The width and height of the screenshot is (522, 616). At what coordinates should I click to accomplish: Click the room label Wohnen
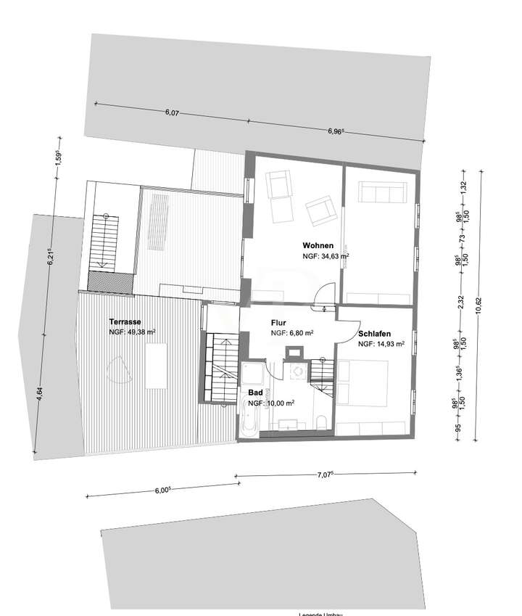pos(318,245)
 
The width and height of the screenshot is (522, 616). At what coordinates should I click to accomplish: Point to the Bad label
pos(255,393)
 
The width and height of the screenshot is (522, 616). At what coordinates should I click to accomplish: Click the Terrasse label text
pos(125,321)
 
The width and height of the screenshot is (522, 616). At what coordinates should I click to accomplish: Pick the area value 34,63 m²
pos(326,256)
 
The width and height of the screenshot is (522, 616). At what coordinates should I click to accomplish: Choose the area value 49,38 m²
pos(133,332)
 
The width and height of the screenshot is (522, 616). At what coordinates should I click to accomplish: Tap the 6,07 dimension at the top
pos(172,112)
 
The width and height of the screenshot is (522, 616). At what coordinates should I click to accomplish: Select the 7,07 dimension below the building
pos(324,475)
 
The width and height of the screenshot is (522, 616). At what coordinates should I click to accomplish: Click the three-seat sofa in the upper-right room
pos(381,192)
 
